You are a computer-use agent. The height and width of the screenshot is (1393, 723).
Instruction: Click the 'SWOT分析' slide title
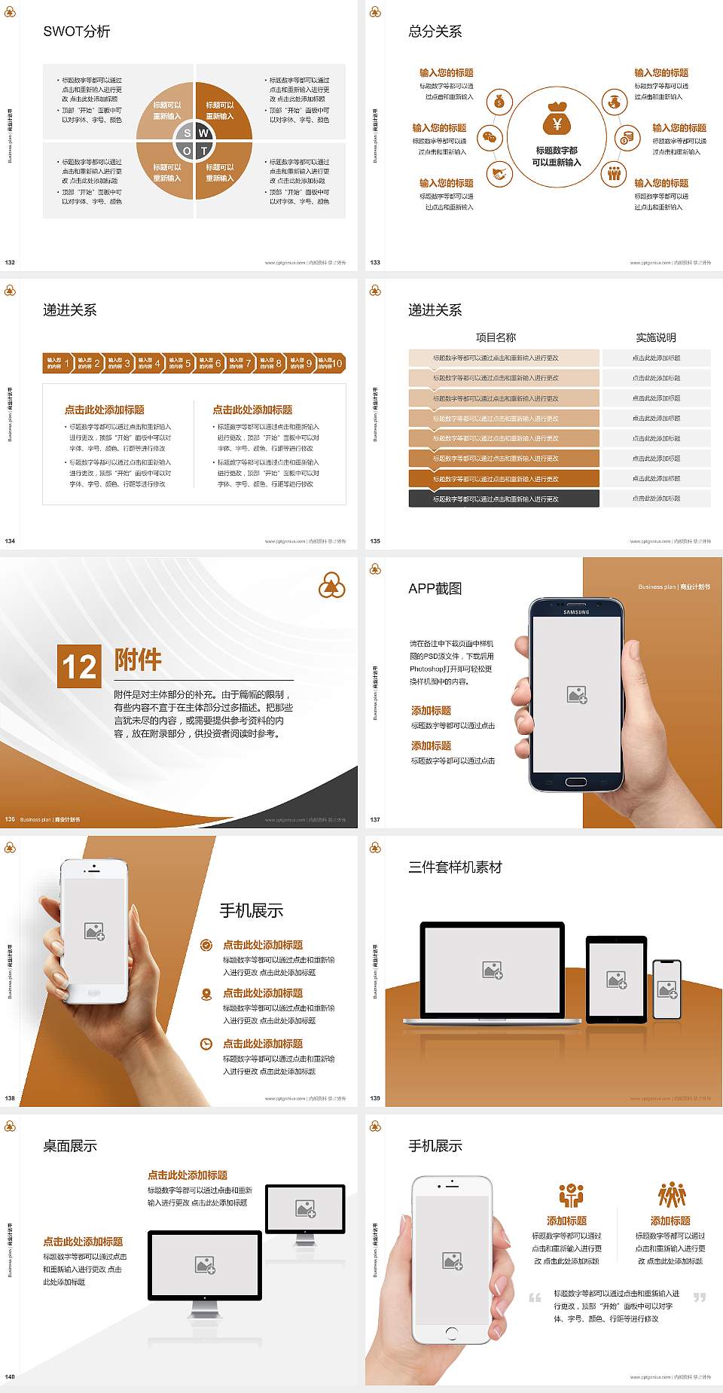pos(77,32)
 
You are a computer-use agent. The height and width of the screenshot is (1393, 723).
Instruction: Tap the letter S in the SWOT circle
pos(188,133)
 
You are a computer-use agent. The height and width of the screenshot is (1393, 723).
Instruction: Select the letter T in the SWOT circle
pos(203,151)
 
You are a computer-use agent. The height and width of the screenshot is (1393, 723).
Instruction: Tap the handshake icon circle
pos(498,174)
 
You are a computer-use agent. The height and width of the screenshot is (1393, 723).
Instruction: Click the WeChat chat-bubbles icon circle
pos(490,138)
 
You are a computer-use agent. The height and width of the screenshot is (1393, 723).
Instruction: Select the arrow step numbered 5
pos(179,363)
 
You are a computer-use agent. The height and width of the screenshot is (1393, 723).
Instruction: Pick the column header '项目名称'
pos(496,337)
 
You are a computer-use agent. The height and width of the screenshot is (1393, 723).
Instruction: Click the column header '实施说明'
pos(656,337)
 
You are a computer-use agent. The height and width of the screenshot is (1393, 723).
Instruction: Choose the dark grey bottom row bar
pos(504,498)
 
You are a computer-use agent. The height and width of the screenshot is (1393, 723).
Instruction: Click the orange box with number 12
pos(79,666)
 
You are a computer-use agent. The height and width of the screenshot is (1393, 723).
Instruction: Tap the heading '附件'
pos(138,660)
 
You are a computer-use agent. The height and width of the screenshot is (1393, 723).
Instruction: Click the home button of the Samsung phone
pos(576,782)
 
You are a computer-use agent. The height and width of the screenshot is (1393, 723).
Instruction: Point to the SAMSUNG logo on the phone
pos(576,612)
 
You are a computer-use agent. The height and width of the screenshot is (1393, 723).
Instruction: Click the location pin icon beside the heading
pos(206,994)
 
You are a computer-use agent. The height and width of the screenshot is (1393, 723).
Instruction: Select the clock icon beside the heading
pos(206,1044)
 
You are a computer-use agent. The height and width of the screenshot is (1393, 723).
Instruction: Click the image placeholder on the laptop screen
pos(493,970)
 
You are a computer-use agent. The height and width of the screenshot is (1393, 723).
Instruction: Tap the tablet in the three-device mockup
pos(617,979)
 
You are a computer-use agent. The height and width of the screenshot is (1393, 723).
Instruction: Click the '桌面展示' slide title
pos(70,1146)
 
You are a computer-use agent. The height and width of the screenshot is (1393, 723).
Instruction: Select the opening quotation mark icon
pos(535,1297)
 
